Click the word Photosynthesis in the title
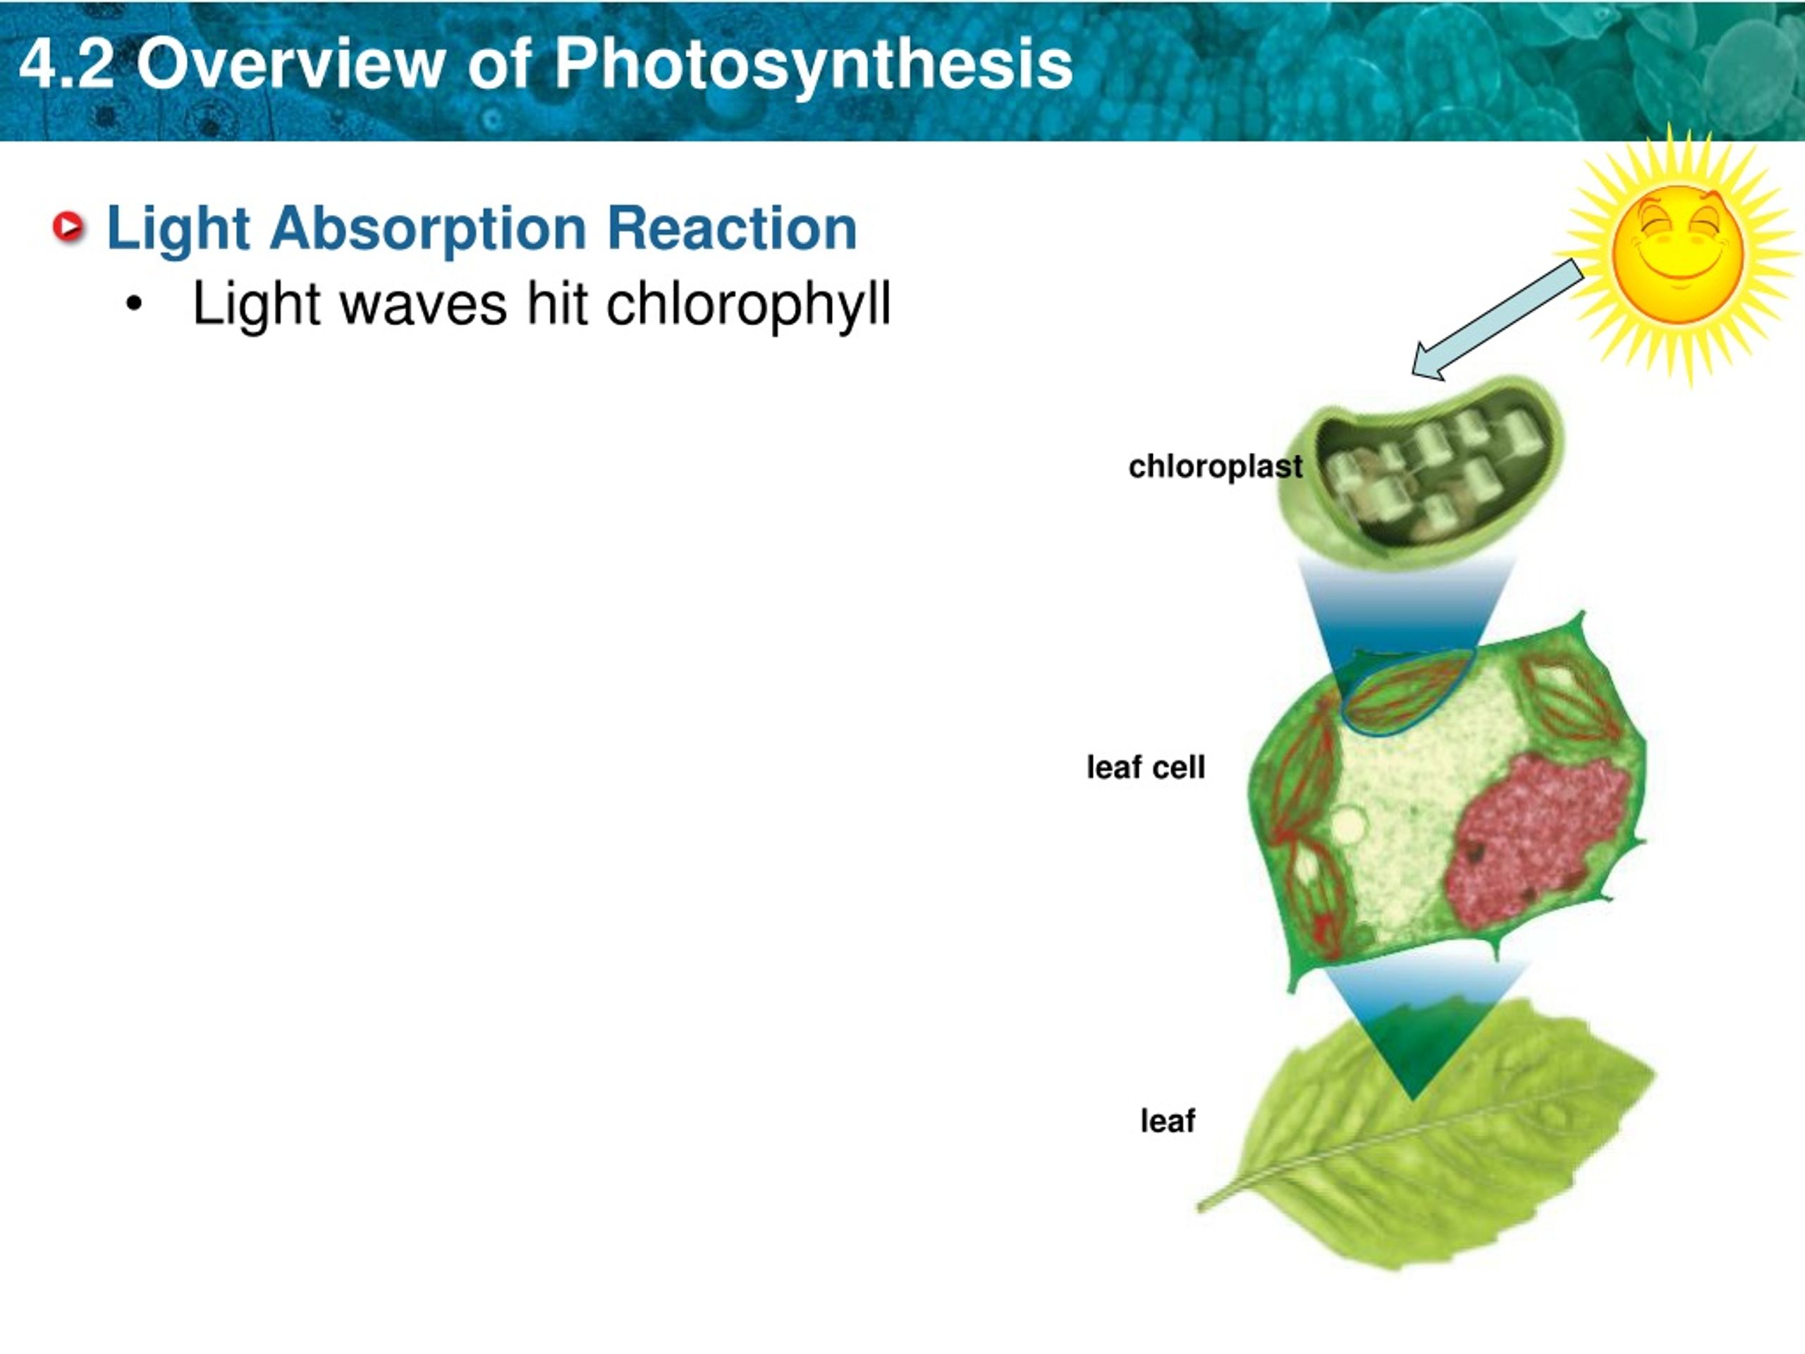[813, 66]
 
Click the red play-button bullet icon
[68, 226]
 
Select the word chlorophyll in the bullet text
[747, 305]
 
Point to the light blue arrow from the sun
[1498, 319]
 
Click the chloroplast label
[1215, 467]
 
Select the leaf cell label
[1146, 767]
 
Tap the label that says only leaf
[1168, 1121]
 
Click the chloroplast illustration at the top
[1420, 473]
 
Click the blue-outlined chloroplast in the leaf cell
[1404, 690]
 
